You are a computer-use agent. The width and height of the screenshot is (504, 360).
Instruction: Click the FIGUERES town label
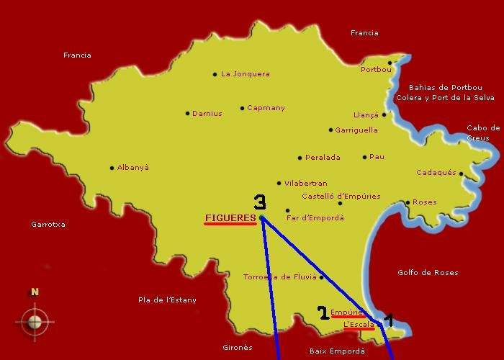tap(230, 217)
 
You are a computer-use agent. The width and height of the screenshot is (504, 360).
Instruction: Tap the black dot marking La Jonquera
tap(215, 74)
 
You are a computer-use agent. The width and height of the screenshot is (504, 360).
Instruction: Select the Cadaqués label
tap(436, 173)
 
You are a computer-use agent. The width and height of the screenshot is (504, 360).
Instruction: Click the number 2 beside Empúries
tap(323, 312)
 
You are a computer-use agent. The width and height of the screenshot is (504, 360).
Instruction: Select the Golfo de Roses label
tap(428, 272)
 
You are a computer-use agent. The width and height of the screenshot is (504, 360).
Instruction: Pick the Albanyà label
tap(133, 167)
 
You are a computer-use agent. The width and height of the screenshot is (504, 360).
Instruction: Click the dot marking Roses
tap(408, 203)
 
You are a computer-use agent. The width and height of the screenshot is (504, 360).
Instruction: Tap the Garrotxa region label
tap(48, 224)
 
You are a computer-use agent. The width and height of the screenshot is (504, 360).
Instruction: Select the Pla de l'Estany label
tap(167, 300)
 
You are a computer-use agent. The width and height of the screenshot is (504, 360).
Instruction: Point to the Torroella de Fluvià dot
tap(321, 277)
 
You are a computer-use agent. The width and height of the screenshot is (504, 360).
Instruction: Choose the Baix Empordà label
tap(336, 351)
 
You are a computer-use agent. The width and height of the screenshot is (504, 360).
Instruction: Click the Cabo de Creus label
tap(483, 132)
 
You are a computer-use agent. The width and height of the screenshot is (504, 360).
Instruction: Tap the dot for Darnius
tap(187, 113)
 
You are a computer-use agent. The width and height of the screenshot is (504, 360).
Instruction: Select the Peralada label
tap(323, 157)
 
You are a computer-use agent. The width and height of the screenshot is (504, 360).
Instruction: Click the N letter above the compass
tap(34, 292)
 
